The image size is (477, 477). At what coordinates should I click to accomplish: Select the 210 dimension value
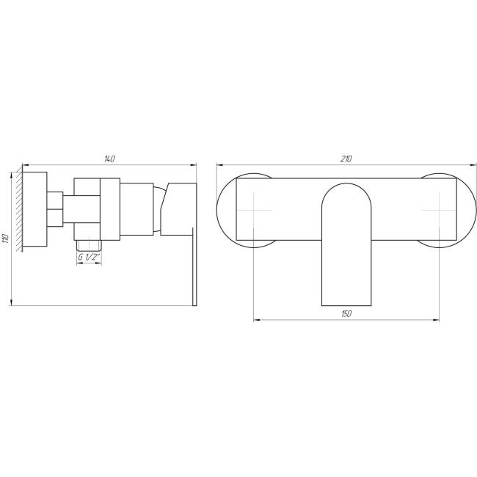pos(347,158)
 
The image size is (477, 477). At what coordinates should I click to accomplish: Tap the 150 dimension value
pos(347,314)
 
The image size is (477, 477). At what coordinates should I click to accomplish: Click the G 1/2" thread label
pos(88,257)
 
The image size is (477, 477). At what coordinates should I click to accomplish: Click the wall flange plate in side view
pos(34,209)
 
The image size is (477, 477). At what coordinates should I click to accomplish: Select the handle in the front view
pos(347,242)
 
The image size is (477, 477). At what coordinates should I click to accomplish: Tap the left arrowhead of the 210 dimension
pos(219,164)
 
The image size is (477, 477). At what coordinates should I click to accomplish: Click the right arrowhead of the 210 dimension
pos(473,164)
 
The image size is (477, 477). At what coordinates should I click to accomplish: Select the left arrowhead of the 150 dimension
pos(256,320)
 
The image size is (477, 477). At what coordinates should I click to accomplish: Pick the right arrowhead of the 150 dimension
pos(437,320)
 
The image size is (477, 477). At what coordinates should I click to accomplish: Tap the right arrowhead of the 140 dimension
pos(194,164)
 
